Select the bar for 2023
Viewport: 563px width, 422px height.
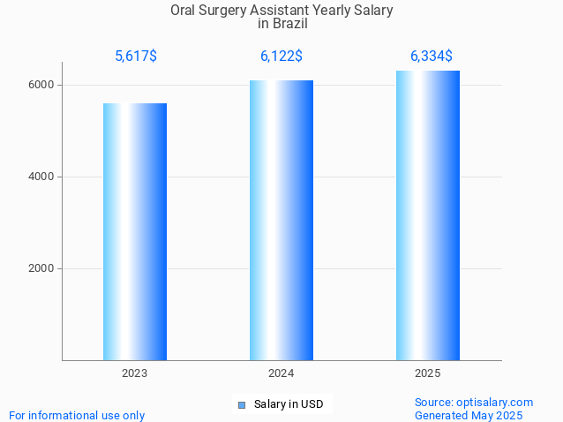(135, 231)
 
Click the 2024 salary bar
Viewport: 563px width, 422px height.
(281, 220)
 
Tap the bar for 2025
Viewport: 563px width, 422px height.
(428, 215)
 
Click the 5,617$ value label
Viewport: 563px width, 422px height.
(136, 57)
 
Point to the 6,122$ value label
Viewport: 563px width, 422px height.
(281, 57)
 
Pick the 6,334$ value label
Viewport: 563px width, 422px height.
(432, 57)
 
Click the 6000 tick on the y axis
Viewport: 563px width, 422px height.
(41, 85)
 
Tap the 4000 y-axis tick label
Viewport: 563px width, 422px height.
(41, 177)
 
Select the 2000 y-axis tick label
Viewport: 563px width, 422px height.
(41, 268)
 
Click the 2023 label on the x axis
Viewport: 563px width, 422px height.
(135, 373)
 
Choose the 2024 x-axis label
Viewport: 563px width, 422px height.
(281, 373)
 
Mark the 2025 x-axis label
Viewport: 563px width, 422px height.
(428, 373)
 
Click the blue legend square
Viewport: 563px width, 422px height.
(242, 405)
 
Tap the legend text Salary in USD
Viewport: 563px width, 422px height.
(289, 404)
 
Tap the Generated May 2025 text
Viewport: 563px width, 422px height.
(469, 415)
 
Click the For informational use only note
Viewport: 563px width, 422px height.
(77, 415)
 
